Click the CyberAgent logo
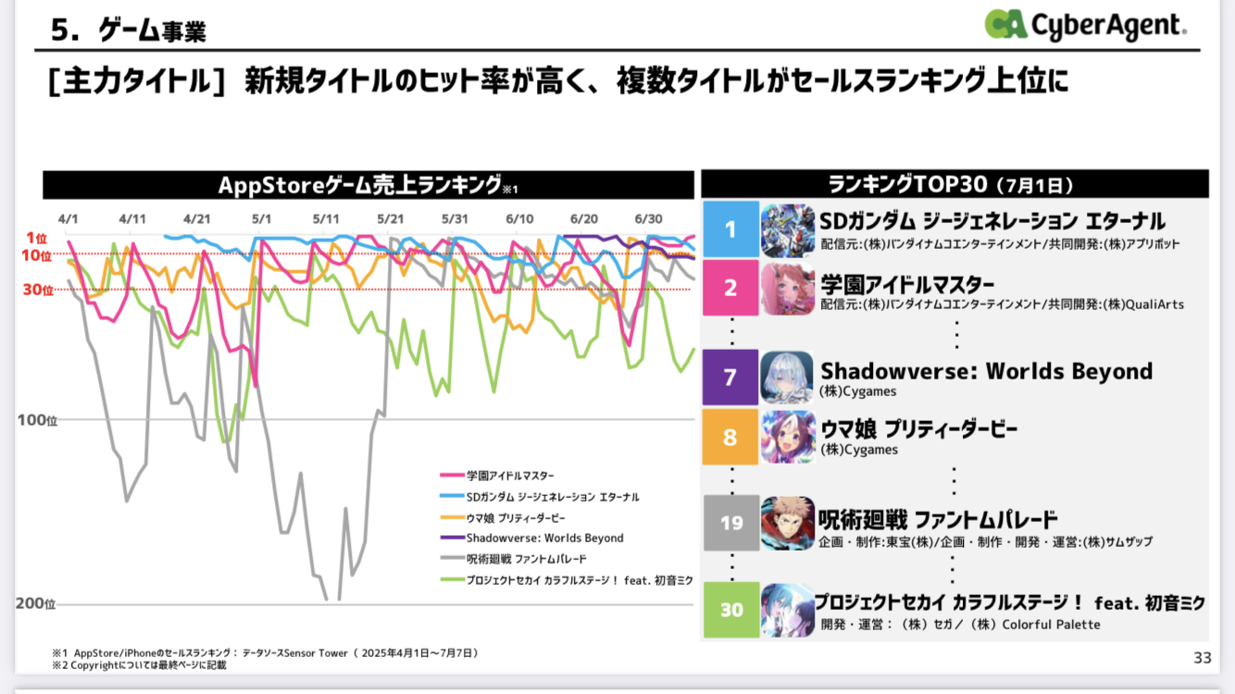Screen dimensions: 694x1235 (1084, 25)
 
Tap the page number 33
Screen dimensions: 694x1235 (1202, 658)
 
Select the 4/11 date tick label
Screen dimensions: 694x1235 (132, 218)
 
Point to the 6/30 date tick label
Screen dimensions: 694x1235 (648, 218)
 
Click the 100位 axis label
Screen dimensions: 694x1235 (37, 420)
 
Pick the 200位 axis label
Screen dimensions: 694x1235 (36, 604)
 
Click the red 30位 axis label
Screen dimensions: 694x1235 (38, 290)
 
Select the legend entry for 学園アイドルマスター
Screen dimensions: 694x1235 (510, 476)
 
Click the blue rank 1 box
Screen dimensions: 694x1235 (730, 229)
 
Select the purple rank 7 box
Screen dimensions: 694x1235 (730, 378)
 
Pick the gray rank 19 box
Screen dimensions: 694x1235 (730, 523)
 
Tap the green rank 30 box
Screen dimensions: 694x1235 (730, 610)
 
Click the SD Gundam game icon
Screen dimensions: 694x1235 (787, 229)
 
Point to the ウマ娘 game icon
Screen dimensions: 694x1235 (787, 436)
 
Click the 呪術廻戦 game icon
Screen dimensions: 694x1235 (787, 523)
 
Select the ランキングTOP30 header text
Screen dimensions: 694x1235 (954, 183)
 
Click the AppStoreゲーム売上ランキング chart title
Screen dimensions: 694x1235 (368, 185)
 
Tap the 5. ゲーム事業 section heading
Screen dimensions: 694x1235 (129, 31)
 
